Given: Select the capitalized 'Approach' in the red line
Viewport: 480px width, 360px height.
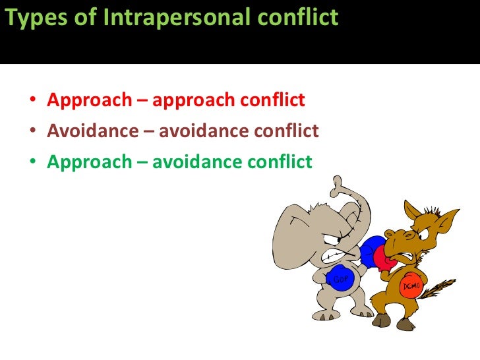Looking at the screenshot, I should pos(90,100).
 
